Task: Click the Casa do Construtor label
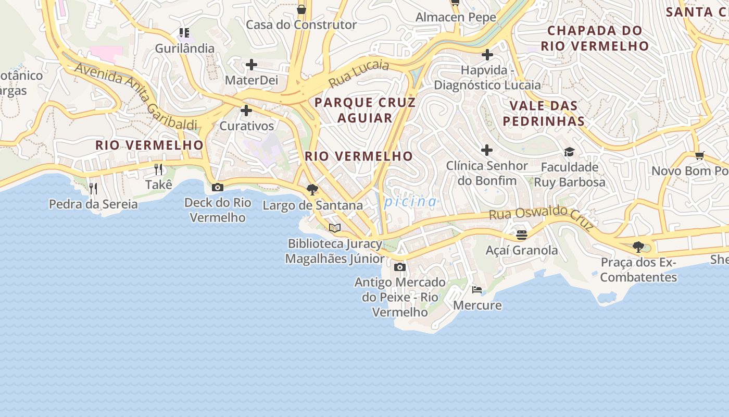coord(301,24)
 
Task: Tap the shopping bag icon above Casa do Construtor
coord(301,9)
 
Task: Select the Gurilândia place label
coord(184,48)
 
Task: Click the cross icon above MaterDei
coord(252,65)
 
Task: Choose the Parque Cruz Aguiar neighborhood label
coord(365,110)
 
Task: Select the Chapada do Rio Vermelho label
coord(595,38)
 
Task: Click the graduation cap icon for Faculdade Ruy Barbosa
coord(569,152)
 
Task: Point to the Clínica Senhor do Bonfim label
coord(487,173)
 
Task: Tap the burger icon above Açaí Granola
coord(521,235)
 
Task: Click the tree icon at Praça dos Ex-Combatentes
coord(638,247)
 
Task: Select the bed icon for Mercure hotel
coord(477,290)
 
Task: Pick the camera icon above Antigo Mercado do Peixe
coord(399,267)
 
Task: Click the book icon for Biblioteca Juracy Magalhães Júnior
coord(334,228)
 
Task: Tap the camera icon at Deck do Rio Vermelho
coord(218,187)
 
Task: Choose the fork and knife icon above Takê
coord(158,169)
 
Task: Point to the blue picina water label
coord(411,202)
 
